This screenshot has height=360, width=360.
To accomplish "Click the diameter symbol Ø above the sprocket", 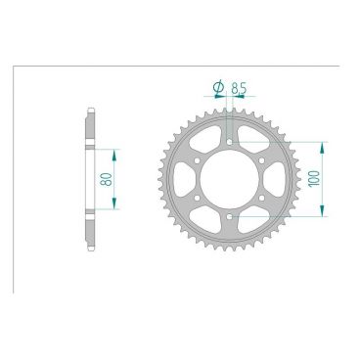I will (x=217, y=88).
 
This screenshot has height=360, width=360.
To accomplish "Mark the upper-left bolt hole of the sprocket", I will (x=195, y=159).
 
